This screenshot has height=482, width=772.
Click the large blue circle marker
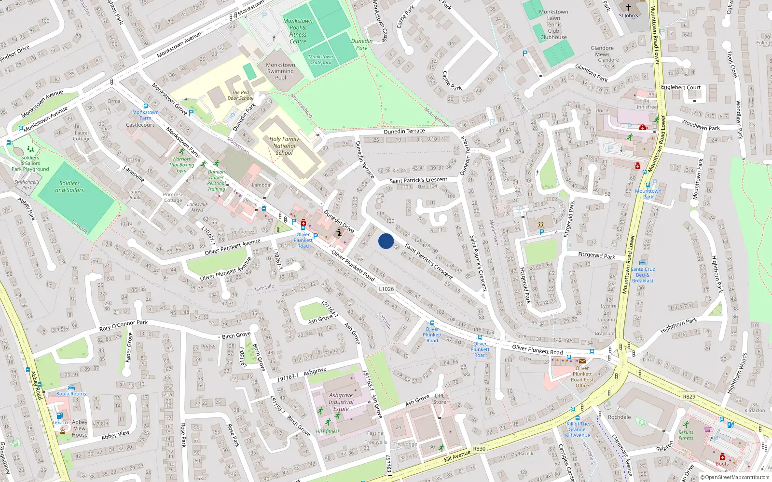(x=386, y=241)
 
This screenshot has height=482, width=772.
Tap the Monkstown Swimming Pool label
(x=280, y=71)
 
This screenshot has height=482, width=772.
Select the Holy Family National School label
(x=284, y=146)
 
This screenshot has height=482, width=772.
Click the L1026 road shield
(x=386, y=289)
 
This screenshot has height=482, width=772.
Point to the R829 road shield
(x=689, y=397)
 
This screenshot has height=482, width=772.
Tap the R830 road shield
(x=479, y=449)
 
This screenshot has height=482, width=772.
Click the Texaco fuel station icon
(x=59, y=415)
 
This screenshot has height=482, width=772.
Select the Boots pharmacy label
(x=722, y=464)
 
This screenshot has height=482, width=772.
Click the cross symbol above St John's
(x=628, y=7)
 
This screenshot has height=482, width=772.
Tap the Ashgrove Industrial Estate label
(x=341, y=402)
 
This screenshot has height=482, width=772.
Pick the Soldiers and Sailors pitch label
(x=69, y=187)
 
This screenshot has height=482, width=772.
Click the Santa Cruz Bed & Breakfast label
(x=643, y=275)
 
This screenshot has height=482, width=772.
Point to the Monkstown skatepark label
(x=320, y=59)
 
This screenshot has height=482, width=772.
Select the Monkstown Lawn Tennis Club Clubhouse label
(x=553, y=25)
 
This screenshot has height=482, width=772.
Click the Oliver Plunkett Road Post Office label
(x=582, y=377)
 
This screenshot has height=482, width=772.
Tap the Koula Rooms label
(x=71, y=394)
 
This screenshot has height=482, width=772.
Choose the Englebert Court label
(x=680, y=87)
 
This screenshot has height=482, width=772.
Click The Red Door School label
(x=240, y=95)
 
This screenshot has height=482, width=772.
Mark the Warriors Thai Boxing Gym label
(x=181, y=164)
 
